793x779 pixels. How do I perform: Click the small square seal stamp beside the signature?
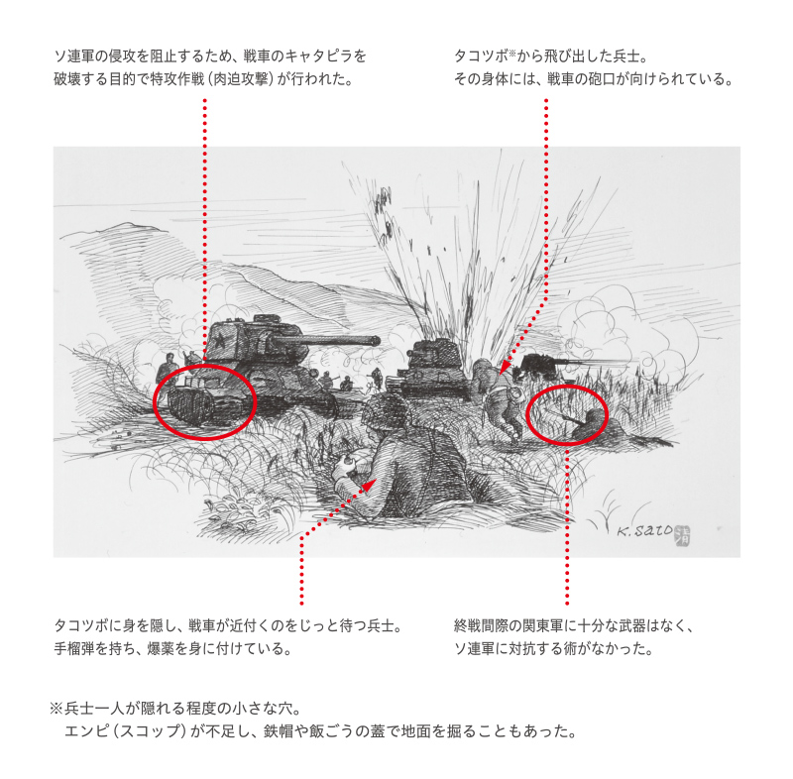[683, 535]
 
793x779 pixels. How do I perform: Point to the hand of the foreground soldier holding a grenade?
[347, 462]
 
